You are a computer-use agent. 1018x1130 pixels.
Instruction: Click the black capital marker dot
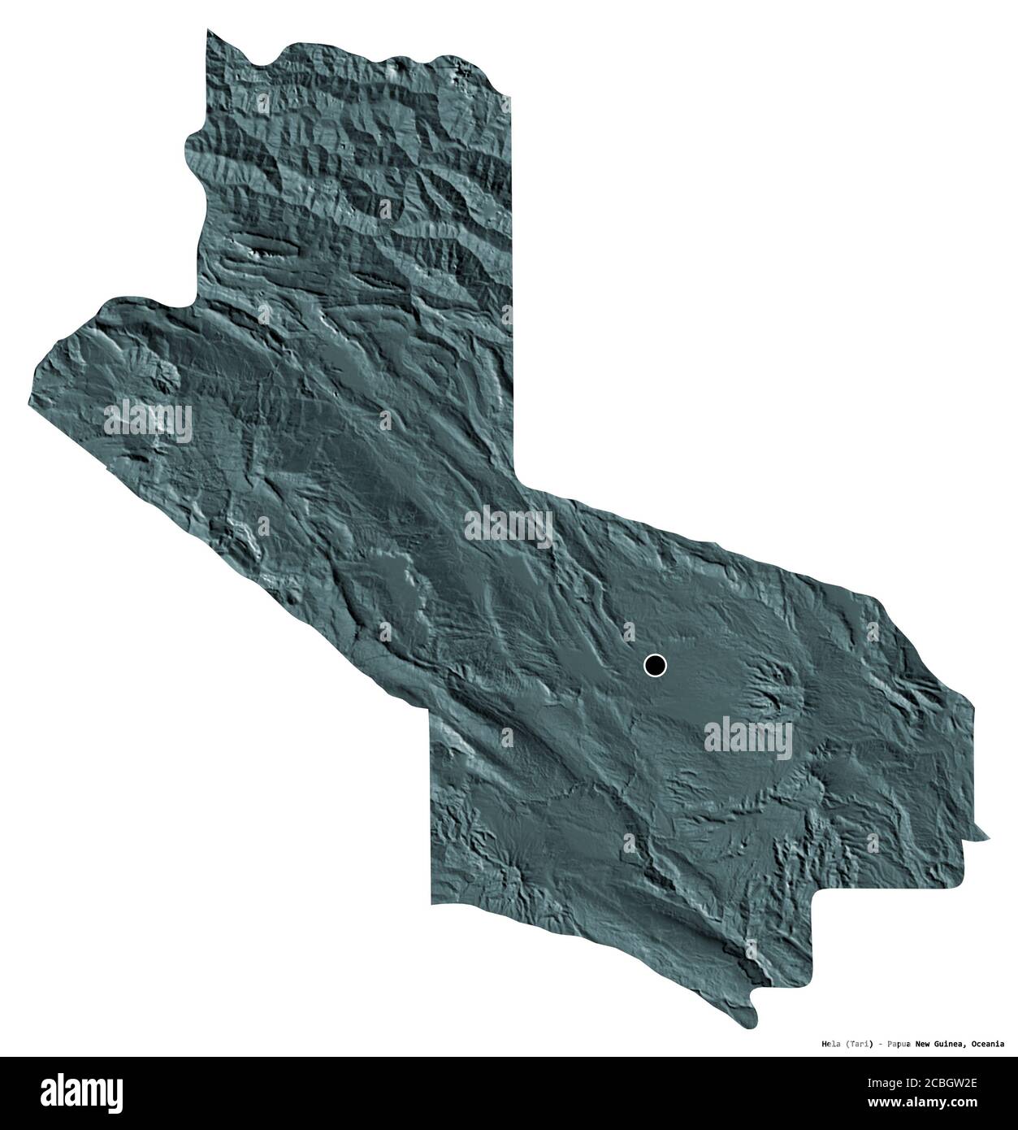tap(655, 666)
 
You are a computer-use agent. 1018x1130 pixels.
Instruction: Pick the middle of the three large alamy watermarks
tap(509, 527)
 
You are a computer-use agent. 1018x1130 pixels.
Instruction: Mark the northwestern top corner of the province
tap(207, 31)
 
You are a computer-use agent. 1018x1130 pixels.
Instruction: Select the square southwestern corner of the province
tap(431, 902)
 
